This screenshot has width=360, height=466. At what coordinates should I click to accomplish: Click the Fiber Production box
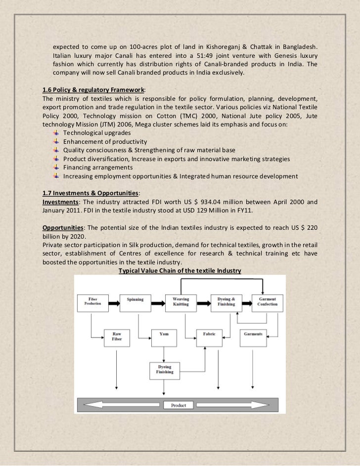pos(92,302)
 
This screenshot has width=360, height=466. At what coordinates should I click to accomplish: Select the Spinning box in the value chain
pos(135,302)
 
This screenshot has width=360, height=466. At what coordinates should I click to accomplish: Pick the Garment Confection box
pos(267,302)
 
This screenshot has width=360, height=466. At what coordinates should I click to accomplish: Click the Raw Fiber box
pos(117,337)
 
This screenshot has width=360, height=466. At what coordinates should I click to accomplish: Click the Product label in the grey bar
pos(179,405)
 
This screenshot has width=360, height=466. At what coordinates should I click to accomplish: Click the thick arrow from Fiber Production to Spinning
pos(114,301)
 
